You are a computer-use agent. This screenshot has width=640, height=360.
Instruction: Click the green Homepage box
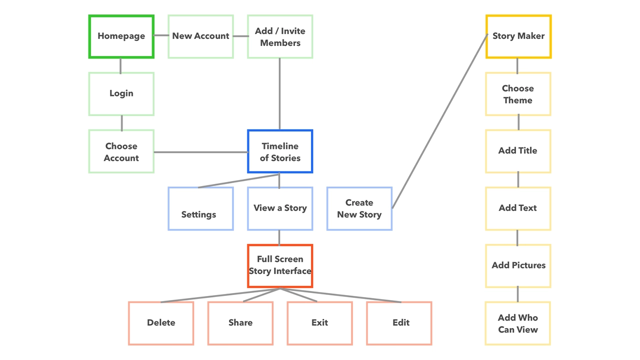pyautogui.click(x=121, y=36)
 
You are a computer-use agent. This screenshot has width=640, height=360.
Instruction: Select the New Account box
pyautogui.click(x=200, y=36)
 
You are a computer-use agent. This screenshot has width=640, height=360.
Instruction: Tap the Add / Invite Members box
pyautogui.click(x=280, y=36)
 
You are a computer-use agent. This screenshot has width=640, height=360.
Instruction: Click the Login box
pyautogui.click(x=121, y=94)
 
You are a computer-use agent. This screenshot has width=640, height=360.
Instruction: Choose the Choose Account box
pyautogui.click(x=121, y=151)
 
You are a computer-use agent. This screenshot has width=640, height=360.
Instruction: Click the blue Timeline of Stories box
pyautogui.click(x=280, y=151)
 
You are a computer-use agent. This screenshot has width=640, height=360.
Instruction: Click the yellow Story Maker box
pyautogui.click(x=518, y=36)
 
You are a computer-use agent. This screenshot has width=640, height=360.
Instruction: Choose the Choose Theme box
pyautogui.click(x=518, y=94)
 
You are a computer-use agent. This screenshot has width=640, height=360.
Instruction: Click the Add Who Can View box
pyautogui.click(x=518, y=323)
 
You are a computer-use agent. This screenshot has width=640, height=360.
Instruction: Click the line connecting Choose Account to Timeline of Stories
pyautogui.click(x=200, y=152)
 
